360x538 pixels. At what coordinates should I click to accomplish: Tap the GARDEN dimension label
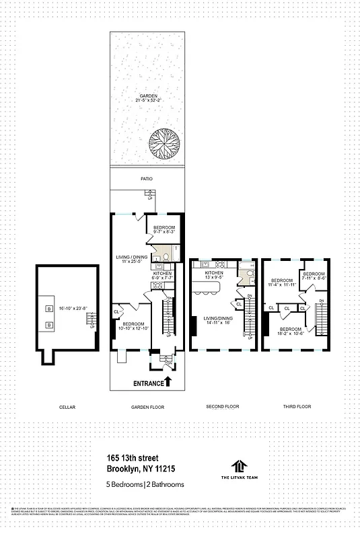(148, 99)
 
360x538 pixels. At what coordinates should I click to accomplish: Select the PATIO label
(147, 179)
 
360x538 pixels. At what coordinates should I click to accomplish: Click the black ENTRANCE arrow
(168, 382)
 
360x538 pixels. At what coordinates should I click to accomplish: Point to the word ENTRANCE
(147, 383)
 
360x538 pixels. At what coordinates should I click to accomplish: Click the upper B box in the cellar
(48, 309)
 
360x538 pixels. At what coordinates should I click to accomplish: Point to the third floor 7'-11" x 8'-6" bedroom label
(314, 276)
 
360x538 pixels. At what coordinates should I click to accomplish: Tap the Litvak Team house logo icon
(238, 465)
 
